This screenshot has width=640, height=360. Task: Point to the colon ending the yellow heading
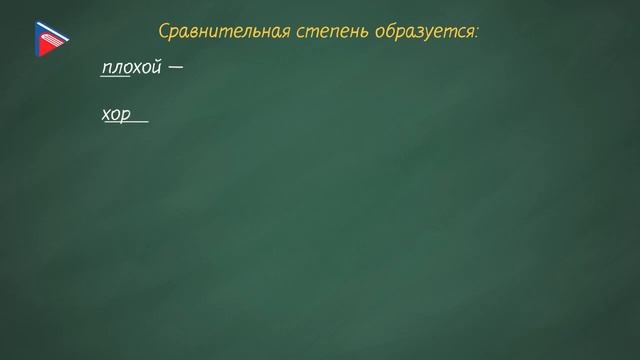tap(477, 33)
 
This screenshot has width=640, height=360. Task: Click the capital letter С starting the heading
tap(165, 32)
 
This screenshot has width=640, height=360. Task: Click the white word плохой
tap(131, 68)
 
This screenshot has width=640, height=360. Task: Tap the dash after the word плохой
tap(177, 68)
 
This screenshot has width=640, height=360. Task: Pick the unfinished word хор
tap(117, 114)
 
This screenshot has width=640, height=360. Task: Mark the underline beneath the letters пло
tap(116, 77)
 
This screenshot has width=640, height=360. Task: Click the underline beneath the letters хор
tap(125, 123)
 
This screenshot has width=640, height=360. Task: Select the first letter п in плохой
tap(106, 68)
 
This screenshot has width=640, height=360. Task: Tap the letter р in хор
tap(127, 115)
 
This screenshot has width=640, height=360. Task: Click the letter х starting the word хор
tap(106, 114)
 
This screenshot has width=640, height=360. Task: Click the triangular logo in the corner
tap(49, 39)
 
